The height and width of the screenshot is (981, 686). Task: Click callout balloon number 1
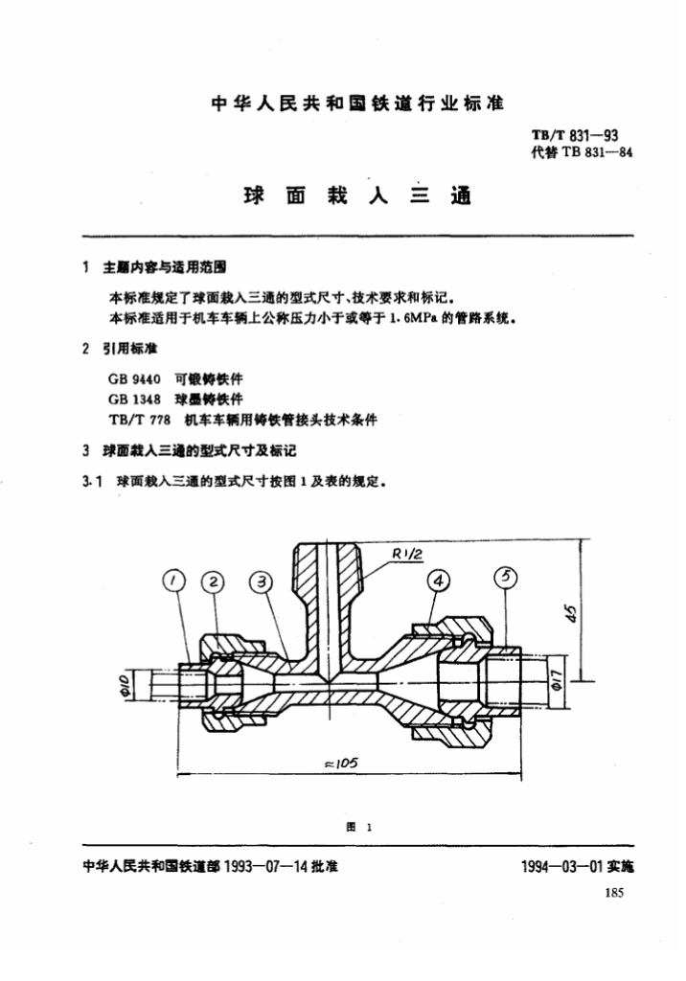[173, 581]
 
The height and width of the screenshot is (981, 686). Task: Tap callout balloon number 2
[214, 581]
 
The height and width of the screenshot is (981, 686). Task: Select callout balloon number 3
[262, 581]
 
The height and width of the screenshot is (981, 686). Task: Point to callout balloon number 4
[438, 580]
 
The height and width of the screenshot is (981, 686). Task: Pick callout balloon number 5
[507, 577]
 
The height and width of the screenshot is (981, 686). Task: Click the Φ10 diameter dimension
[137, 685]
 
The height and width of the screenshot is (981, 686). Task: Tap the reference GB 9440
[140, 378]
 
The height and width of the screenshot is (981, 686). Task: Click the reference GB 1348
[140, 399]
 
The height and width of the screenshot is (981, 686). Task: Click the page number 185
[615, 894]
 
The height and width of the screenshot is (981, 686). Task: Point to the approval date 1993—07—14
[263, 866]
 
